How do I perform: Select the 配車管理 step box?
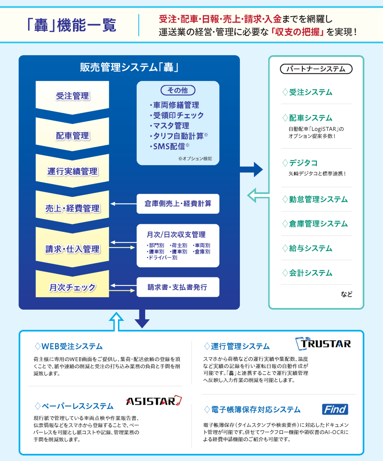click(73, 135)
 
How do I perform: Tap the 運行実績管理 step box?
click(73, 171)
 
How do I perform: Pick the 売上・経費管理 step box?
click(73, 208)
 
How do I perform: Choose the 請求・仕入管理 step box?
click(73, 249)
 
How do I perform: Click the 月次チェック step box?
click(73, 287)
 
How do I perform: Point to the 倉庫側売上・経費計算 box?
click(178, 204)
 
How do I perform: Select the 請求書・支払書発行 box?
click(178, 287)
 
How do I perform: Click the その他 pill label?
click(177, 91)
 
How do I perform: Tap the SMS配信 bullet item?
click(169, 146)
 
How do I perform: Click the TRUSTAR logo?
click(323, 344)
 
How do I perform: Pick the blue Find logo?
click(335, 409)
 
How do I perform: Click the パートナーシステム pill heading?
click(316, 69)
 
